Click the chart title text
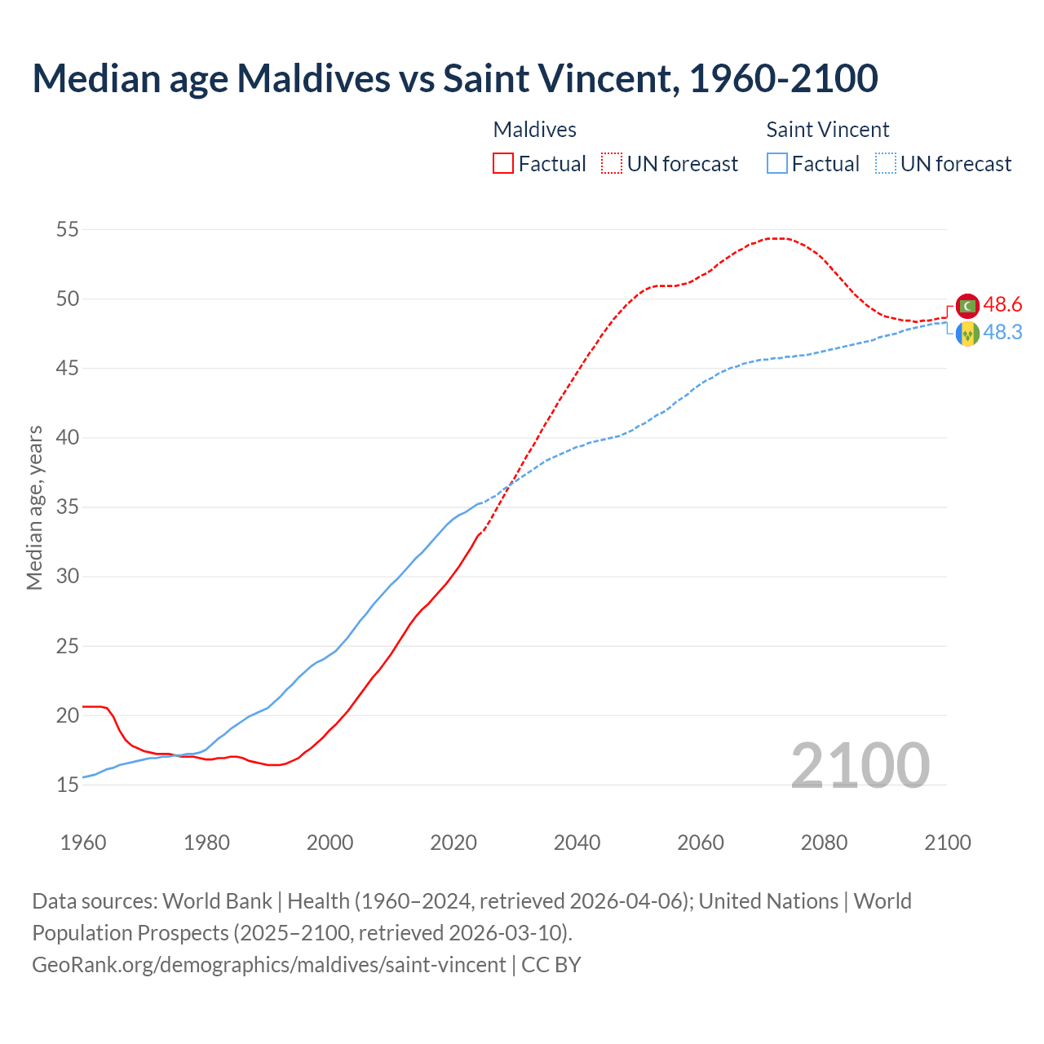[454, 78]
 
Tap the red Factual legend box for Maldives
[503, 163]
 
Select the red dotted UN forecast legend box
[612, 163]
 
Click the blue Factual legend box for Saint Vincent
[777, 163]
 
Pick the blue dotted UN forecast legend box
[885, 163]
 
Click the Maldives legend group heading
[534, 130]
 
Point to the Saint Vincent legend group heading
[827, 130]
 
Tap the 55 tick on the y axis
[67, 229]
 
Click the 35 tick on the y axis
[67, 507]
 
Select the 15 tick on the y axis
[67, 785]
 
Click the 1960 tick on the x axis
[83, 843]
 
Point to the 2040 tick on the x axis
[577, 843]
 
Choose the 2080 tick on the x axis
[824, 843]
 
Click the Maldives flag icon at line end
[967, 306]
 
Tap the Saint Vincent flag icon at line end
[967, 334]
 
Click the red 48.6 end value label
[1002, 305]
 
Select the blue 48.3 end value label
[1002, 333]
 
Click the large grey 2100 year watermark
[860, 765]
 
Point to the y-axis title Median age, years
[34, 507]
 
